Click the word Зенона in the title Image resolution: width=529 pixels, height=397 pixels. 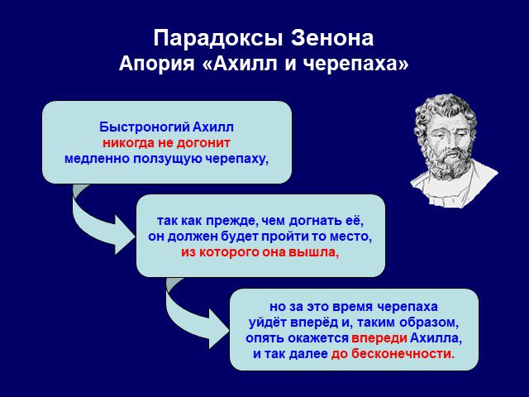pos(332,38)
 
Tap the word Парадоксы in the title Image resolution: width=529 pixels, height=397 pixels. pos(217,39)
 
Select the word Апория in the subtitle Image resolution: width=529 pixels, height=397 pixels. pos(157,64)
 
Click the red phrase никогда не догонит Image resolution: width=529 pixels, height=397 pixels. pos(166,143)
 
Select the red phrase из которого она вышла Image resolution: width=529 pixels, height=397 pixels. pos(259,252)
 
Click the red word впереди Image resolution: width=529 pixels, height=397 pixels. pos(379,338)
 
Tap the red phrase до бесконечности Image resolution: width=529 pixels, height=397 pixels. pos(391,354)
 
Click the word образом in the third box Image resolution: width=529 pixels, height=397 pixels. pos(428,323)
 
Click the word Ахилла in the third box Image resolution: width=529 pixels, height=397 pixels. pos(436,338)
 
